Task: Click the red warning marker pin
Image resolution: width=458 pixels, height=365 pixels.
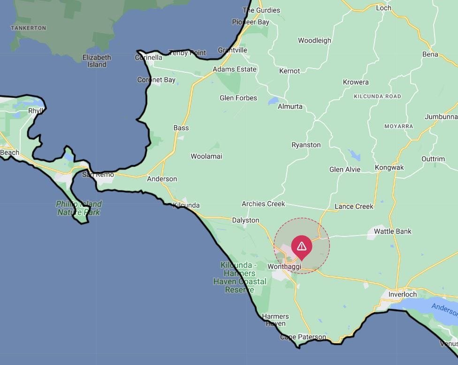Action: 301,247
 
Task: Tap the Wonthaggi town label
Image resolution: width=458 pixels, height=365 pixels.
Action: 284,266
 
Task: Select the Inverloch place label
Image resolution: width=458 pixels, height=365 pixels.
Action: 402,295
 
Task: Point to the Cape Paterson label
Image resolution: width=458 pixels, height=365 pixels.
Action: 303,337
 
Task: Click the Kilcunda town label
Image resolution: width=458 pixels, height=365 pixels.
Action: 186,205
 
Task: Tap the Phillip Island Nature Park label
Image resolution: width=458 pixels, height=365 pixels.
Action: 79,208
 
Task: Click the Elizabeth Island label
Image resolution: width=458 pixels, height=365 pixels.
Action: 97,61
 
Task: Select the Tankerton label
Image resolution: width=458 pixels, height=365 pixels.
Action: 28,28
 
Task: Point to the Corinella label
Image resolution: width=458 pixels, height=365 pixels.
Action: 148,57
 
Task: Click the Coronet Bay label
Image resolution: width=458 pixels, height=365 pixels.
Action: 156,80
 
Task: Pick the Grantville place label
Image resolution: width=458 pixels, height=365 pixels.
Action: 232,50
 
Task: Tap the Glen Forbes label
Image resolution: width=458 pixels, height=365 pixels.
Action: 238,98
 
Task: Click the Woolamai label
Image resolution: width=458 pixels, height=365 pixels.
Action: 206,156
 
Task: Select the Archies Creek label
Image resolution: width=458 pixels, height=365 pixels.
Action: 263,204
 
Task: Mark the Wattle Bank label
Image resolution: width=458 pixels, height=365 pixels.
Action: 392,231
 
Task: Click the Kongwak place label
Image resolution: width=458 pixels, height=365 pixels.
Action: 389,167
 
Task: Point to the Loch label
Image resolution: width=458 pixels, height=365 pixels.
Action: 383,8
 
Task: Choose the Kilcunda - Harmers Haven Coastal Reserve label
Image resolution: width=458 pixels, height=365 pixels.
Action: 239,277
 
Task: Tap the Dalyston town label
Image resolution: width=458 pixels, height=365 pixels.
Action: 245,220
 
